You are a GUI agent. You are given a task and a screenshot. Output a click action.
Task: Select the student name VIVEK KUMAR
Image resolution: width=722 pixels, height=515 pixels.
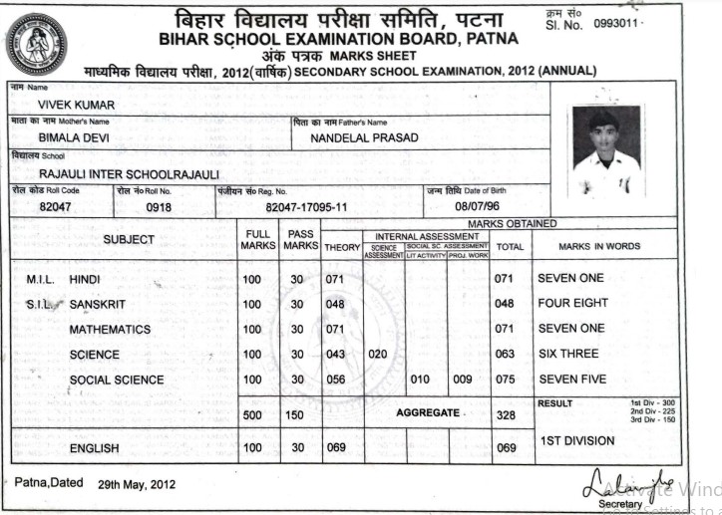(76, 105)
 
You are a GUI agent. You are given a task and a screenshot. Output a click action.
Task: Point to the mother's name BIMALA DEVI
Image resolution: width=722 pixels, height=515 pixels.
(74, 137)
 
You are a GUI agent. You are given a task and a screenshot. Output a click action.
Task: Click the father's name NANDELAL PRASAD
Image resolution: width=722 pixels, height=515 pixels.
(364, 137)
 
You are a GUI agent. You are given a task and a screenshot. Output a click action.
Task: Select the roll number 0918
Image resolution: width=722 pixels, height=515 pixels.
(159, 207)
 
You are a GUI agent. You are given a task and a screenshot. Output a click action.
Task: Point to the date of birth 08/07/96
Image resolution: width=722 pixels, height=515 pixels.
(476, 207)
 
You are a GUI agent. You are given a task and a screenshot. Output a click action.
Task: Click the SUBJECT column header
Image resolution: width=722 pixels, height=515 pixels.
(129, 239)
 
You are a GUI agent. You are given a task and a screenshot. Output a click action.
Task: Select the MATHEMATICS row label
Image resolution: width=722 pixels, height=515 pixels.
(110, 329)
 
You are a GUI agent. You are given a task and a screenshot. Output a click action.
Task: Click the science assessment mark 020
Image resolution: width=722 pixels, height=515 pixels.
(378, 354)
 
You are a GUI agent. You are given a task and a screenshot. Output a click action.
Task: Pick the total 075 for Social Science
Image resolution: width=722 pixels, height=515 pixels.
(508, 380)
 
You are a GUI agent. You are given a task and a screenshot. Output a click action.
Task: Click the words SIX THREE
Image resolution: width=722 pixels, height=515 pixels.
(567, 354)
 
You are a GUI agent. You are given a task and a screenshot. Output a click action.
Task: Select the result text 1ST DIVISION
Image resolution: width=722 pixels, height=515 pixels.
(577, 440)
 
